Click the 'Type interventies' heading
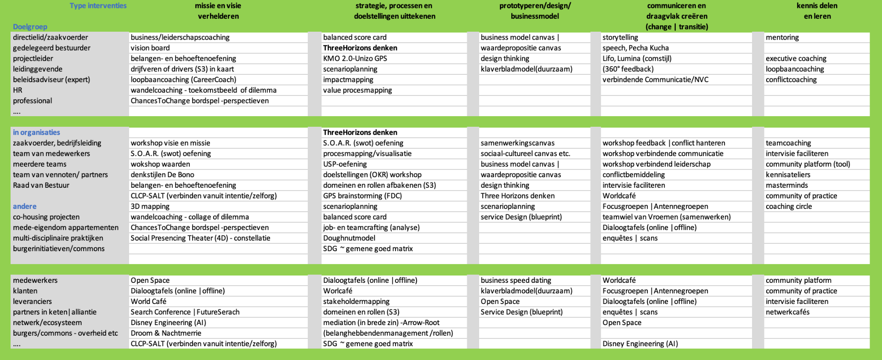[x=98, y=6]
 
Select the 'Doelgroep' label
[x=30, y=27]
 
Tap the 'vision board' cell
[x=150, y=48]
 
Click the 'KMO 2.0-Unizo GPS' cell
[x=355, y=58]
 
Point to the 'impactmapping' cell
[x=348, y=79]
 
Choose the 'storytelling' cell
[x=620, y=37]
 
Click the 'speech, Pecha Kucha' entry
[x=636, y=48]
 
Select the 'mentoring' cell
[x=782, y=37]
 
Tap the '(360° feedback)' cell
[x=628, y=69]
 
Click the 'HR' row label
[x=17, y=90]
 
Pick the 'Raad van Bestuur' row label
[x=41, y=185]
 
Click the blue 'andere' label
[x=25, y=206]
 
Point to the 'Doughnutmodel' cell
[x=349, y=238]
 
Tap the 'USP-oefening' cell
[x=345, y=164]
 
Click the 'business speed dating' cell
[x=516, y=280]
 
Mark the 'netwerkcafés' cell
[x=787, y=312]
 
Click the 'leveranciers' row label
[x=32, y=301]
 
